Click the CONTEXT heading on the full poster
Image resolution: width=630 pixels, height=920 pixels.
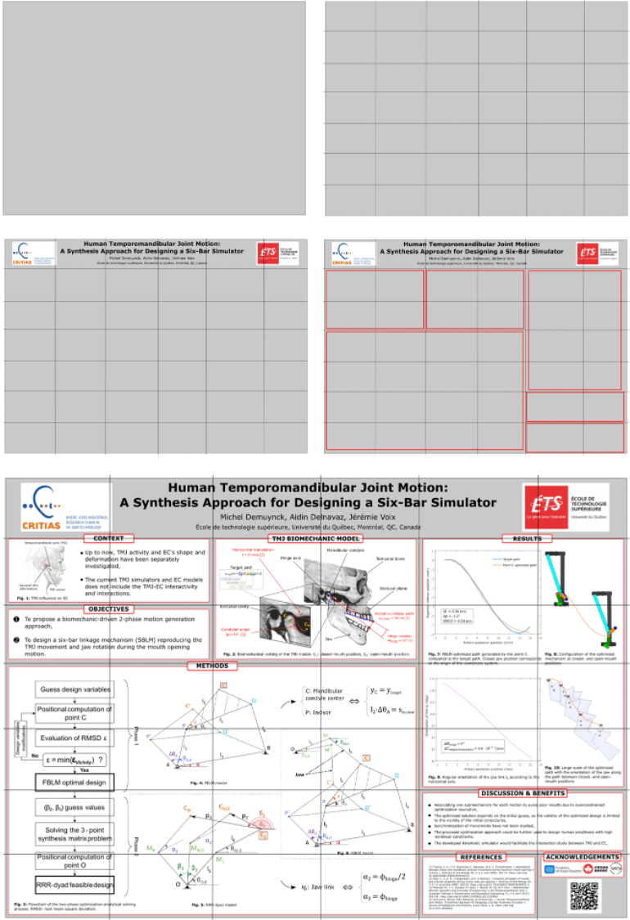(108, 539)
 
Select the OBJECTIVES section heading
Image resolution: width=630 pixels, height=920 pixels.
(108, 609)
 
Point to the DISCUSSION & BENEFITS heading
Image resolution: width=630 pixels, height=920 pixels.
(523, 793)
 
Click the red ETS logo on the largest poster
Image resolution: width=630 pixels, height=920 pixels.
(542, 504)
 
